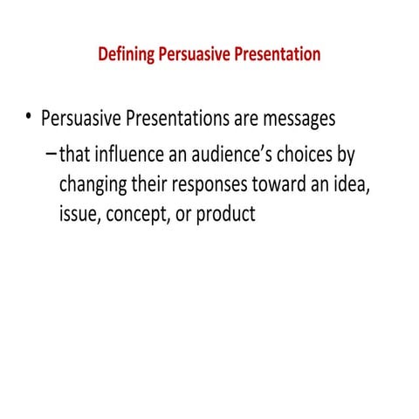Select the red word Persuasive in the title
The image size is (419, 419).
pyautogui.click(x=194, y=54)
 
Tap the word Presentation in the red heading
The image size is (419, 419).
pyautogui.click(x=277, y=54)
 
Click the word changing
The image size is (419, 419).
pyautogui.click(x=94, y=185)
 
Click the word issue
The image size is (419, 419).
pyautogui.click(x=79, y=214)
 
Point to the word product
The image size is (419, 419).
pyautogui.click(x=226, y=215)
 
